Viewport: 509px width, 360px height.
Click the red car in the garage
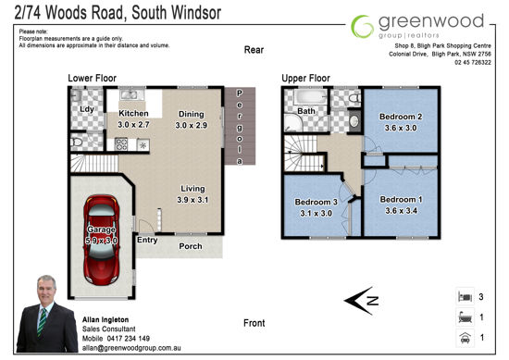[101, 241]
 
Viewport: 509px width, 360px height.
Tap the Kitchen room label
[133, 113]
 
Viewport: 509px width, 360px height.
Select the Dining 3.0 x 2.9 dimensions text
[192, 125]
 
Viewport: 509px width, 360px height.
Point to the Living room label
[192, 189]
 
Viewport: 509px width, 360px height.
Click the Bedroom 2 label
[401, 117]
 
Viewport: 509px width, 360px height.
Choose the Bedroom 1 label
[402, 199]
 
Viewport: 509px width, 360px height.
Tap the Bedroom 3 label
[317, 202]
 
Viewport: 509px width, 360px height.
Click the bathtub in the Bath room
[310, 97]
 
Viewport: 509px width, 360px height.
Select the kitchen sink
[131, 94]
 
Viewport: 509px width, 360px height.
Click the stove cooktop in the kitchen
[121, 144]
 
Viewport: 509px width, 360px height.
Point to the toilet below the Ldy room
[76, 143]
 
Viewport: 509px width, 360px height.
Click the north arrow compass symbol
[361, 301]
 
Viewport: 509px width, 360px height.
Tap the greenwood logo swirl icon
[362, 26]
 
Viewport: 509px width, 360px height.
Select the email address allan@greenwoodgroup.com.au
[131, 348]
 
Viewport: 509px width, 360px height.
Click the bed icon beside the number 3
[465, 296]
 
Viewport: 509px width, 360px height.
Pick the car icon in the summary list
[465, 338]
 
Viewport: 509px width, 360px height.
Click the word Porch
[191, 246]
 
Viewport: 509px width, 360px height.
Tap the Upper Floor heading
[305, 79]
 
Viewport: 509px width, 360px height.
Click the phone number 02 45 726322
[473, 62]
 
